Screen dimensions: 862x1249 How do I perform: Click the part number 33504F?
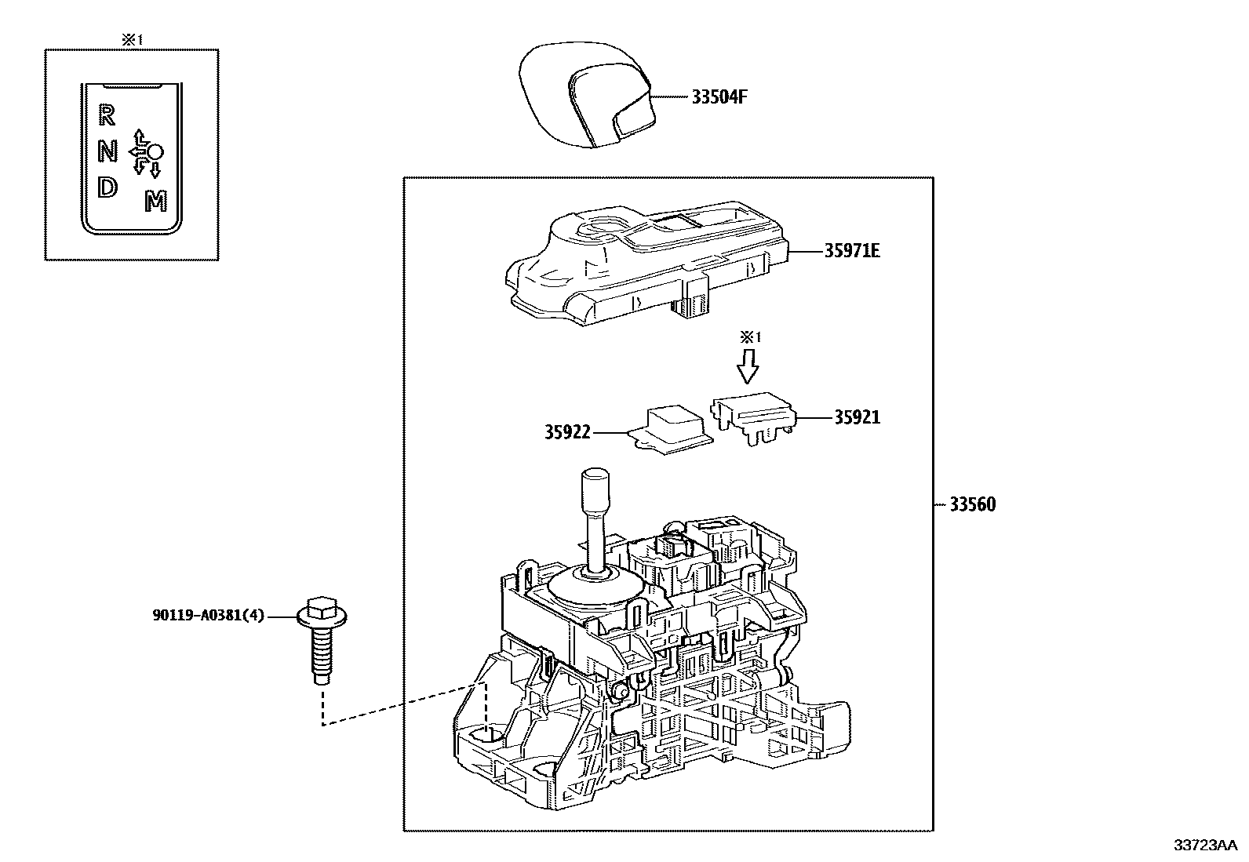point(719,97)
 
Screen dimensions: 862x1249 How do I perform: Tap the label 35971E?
point(851,251)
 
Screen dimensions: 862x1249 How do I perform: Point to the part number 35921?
point(857,417)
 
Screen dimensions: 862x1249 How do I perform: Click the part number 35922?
point(567,431)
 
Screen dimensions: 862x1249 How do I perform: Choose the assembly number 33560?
point(972,504)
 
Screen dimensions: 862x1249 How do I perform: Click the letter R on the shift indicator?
point(107,116)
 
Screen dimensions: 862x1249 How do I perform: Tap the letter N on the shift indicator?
point(107,151)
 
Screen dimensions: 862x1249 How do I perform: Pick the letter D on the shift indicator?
point(107,187)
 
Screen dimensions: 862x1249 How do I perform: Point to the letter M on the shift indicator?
point(156,202)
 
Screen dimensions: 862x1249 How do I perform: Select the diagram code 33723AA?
point(1205,845)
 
